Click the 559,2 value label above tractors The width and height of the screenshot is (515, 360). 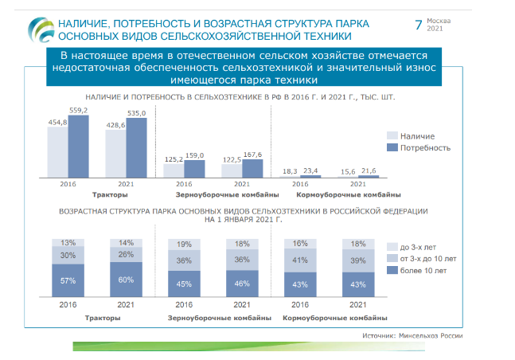click(79, 111)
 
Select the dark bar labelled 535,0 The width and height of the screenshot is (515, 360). click(136, 147)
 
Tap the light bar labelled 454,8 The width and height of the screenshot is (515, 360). click(58, 152)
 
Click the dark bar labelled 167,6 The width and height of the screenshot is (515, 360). click(252, 169)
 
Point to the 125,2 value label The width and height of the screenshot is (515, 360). click(174, 159)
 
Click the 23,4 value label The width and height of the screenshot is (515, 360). click(310, 171)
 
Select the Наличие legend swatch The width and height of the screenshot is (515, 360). click(392, 135)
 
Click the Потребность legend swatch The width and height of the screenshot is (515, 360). click(392, 147)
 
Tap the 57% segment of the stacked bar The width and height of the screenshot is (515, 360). click(68, 280)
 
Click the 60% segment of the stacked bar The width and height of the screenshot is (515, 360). click(126, 280)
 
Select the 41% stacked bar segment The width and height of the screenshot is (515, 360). click(300, 260)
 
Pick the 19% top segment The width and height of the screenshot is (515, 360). click(184, 245)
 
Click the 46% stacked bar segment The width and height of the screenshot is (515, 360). click(243, 284)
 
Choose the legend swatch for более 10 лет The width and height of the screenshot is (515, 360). click(392, 270)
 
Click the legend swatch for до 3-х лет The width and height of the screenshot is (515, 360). click(392, 247)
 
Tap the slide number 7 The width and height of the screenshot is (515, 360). click(419, 25)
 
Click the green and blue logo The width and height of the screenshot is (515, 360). click(41, 30)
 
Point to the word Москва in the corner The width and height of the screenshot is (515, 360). click(439, 21)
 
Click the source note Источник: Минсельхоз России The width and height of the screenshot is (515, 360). click(412, 335)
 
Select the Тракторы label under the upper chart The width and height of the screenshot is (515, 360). click(110, 194)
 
